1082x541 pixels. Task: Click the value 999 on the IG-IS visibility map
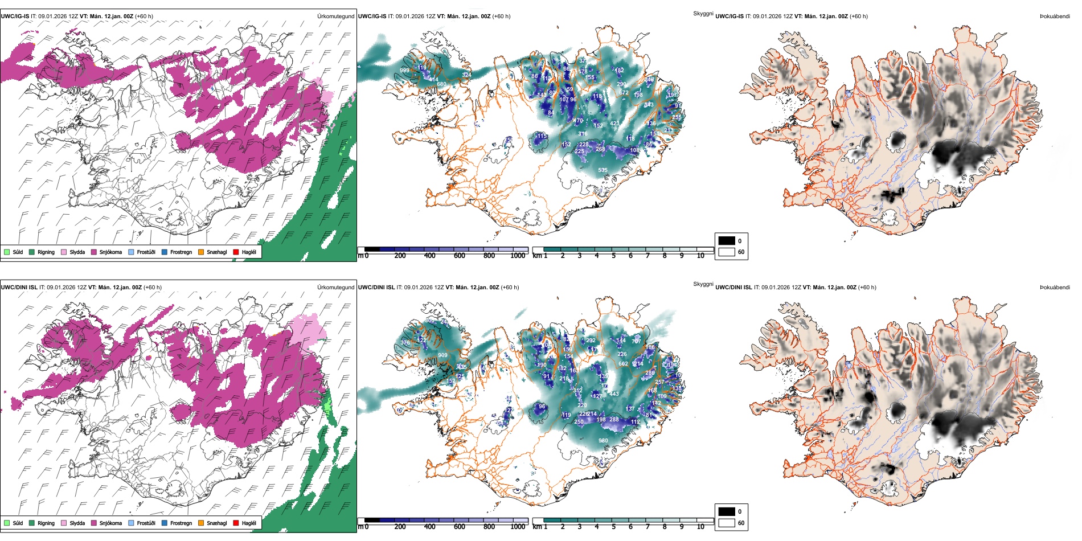(404, 71)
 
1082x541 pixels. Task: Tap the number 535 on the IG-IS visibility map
(603, 170)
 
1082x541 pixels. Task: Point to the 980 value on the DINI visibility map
(603, 441)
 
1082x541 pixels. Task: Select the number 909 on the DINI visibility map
(442, 355)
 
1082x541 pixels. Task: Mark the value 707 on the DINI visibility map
(636, 342)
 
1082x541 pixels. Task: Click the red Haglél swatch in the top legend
(236, 252)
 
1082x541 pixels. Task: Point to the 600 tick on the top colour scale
(459, 256)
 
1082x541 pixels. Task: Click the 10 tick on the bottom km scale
(700, 527)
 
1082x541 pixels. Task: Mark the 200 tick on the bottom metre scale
(400, 527)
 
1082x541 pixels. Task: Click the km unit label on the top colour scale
(537, 256)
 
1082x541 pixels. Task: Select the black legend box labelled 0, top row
(727, 241)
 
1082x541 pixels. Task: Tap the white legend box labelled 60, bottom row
(727, 523)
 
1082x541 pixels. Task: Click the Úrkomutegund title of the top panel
(335, 17)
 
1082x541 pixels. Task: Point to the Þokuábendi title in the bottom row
(1055, 288)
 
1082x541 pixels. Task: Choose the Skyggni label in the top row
(703, 14)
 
